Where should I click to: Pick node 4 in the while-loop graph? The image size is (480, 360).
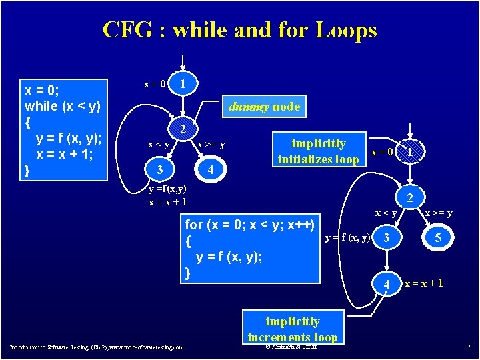211,171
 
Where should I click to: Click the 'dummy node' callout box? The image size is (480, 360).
264,107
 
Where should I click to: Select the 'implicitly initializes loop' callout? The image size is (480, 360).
318,151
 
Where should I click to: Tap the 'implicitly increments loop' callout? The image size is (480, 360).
292,329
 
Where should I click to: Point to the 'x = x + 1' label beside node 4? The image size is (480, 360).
424,283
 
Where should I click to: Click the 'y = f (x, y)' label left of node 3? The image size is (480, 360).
347,238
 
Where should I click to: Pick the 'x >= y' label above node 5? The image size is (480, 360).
439,213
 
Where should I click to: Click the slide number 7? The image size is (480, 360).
469,347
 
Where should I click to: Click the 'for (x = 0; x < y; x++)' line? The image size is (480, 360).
249,225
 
